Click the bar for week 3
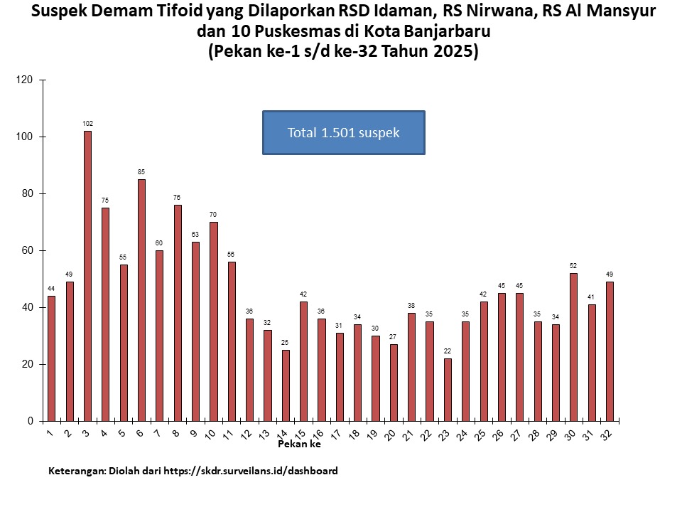click(87, 276)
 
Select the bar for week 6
click(141, 300)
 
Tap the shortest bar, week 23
click(448, 390)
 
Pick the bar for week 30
click(573, 347)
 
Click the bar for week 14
click(286, 385)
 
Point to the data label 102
click(87, 124)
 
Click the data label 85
click(141, 172)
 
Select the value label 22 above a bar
click(448, 351)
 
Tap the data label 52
click(573, 266)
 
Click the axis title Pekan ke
click(299, 444)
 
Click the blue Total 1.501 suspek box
click(343, 132)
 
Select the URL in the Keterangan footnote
click(251, 471)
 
